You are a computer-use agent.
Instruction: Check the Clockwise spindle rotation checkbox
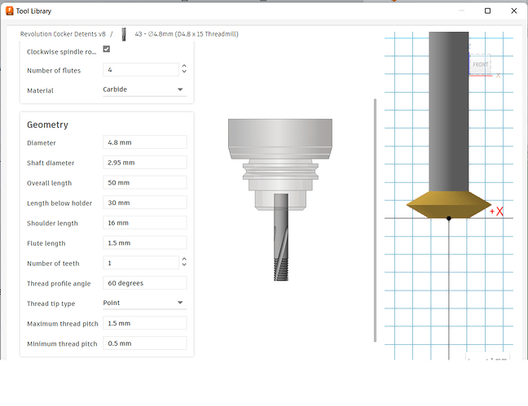(x=107, y=49)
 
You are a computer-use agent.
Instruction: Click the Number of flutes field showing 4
(x=141, y=70)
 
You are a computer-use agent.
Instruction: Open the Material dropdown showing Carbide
(x=145, y=89)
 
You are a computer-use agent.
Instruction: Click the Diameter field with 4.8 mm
(x=145, y=142)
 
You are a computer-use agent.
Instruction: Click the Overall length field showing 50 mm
(x=145, y=182)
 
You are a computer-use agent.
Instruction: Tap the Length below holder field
(x=145, y=203)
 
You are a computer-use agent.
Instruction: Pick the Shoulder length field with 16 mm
(x=145, y=223)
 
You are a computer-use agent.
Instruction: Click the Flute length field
(x=145, y=242)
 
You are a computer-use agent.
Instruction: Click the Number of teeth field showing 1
(x=141, y=263)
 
